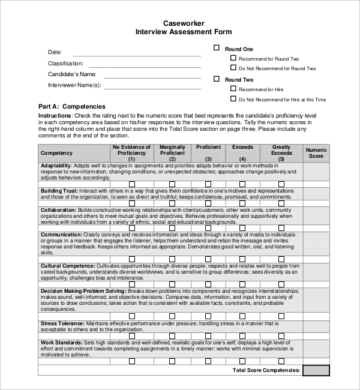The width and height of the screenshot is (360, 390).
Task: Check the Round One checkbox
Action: (x=217, y=47)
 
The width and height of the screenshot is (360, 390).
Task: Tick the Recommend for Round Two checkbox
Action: (x=233, y=58)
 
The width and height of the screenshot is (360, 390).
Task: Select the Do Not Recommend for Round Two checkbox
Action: (x=233, y=68)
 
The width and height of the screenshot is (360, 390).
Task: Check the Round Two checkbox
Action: (x=217, y=79)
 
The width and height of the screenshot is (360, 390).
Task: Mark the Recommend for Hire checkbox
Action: (x=233, y=89)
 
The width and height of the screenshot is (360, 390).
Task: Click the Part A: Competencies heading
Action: (x=71, y=106)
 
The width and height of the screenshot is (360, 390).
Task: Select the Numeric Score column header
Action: (x=316, y=153)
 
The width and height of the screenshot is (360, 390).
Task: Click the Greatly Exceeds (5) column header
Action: (x=281, y=153)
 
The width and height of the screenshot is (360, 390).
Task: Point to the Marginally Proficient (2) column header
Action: (x=172, y=153)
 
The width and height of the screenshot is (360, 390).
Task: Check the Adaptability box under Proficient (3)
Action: (x=208, y=184)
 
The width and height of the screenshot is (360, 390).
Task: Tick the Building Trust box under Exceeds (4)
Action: (x=242, y=203)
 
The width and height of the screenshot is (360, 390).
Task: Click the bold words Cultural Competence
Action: (x=67, y=265)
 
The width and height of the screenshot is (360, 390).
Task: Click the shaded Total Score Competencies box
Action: (x=316, y=370)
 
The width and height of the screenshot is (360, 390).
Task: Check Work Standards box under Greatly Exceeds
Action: (x=281, y=361)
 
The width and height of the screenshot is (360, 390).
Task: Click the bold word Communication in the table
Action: (x=62, y=235)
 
